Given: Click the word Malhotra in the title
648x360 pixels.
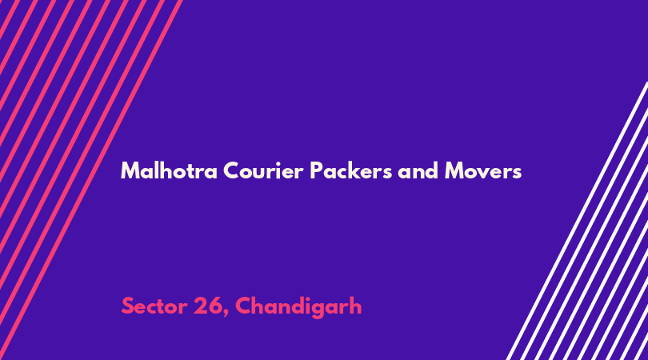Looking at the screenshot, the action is (169, 170).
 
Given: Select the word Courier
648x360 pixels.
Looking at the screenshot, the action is (264, 170).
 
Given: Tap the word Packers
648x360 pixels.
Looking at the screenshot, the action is (351, 170).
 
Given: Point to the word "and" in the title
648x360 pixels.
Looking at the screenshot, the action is (418, 170).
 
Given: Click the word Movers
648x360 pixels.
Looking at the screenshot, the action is (483, 170).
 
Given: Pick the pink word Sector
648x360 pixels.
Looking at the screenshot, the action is (154, 306).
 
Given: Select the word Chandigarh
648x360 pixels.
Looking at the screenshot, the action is (298, 307).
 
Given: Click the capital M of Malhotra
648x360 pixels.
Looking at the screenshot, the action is (130, 170).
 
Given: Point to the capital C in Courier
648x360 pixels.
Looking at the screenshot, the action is (231, 170).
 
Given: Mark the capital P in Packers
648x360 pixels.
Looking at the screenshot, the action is (317, 170).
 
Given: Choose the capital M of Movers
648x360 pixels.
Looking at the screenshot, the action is (454, 170).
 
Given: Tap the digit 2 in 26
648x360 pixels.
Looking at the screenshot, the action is (201, 306).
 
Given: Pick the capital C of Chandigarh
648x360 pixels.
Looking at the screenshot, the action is (243, 306).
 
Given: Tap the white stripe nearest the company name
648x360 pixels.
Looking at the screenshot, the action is (578, 221).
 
